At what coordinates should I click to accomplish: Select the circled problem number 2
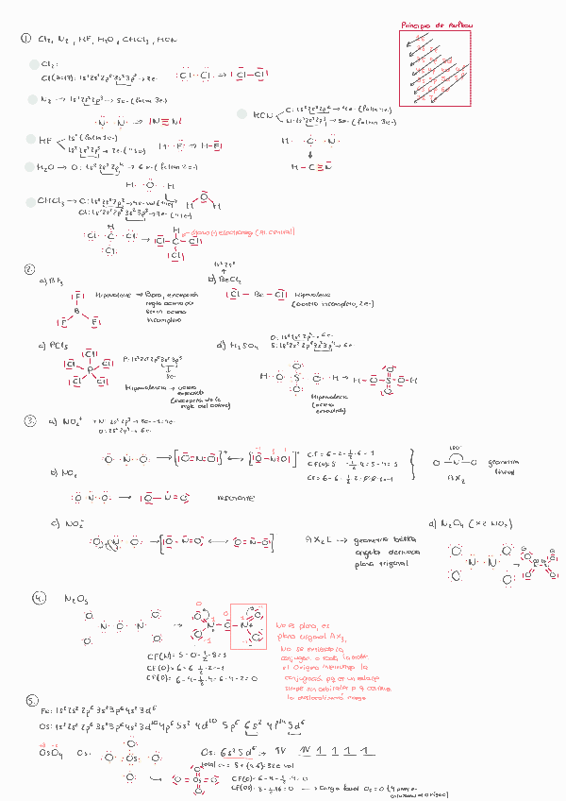pyautogui.click(x=29, y=269)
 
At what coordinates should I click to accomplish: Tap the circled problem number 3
pyautogui.click(x=30, y=421)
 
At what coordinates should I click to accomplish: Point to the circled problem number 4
pyautogui.click(x=38, y=599)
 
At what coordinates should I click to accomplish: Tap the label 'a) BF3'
pyautogui.click(x=49, y=281)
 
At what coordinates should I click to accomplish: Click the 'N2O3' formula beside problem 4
pyautogui.click(x=75, y=599)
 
